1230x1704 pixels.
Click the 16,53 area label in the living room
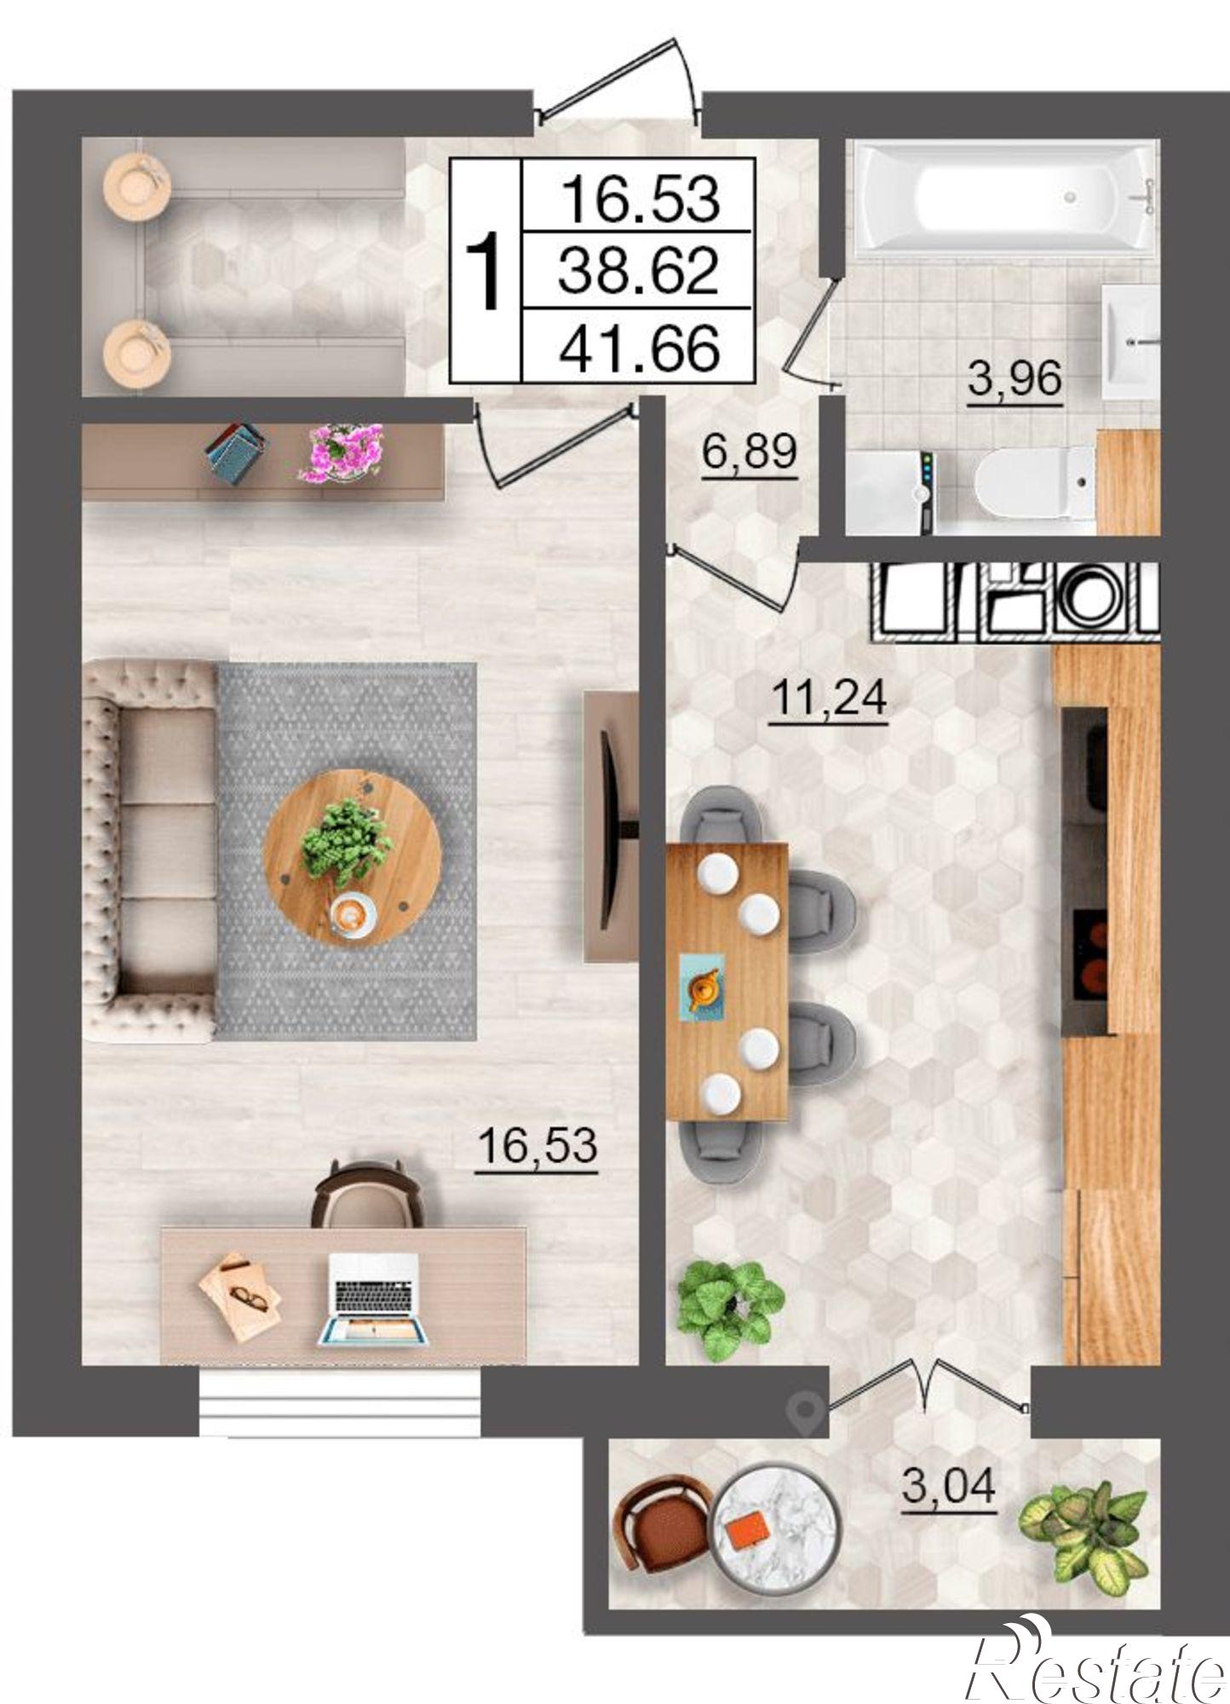coord(537,1146)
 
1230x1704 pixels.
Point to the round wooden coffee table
coord(352,855)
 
